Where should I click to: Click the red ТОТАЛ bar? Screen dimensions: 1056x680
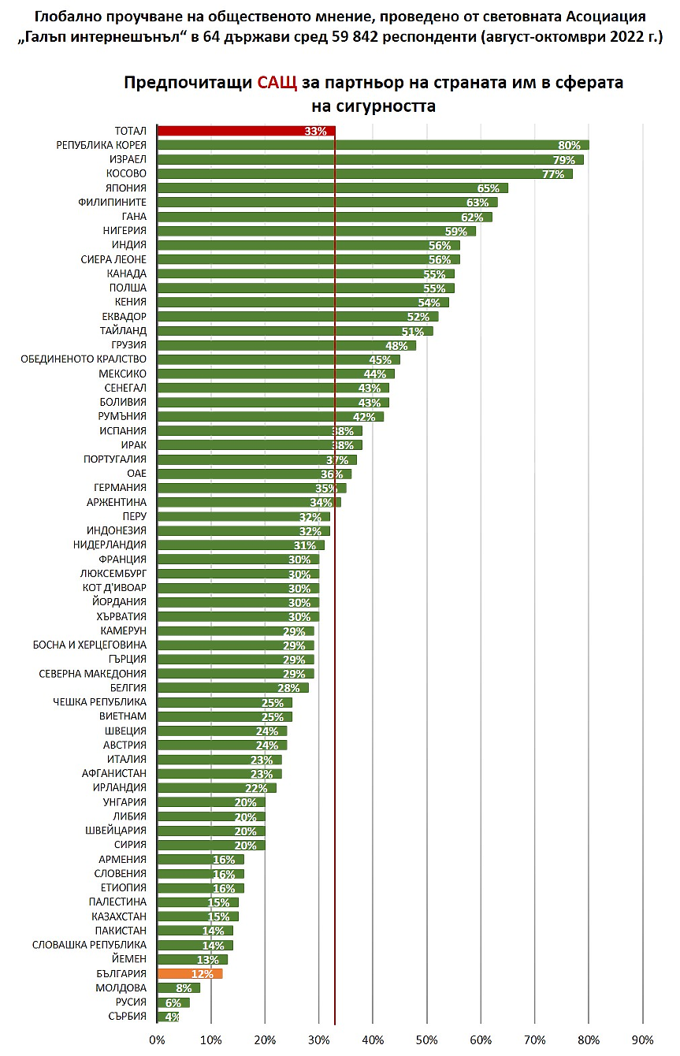pyautogui.click(x=246, y=131)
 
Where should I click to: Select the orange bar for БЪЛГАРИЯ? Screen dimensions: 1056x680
pyautogui.click(x=190, y=974)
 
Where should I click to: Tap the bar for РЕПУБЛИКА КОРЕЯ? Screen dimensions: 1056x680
pyautogui.click(x=373, y=145)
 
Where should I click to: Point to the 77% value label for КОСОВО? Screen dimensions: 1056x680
pyautogui.click(x=554, y=174)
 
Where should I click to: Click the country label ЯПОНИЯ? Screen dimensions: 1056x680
pyautogui.click(x=126, y=188)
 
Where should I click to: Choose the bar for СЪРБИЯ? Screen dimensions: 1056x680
pyautogui.click(x=168, y=1017)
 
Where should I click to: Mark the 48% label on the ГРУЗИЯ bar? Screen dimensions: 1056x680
pyautogui.click(x=396, y=345)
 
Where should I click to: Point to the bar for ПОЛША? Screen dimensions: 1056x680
pyautogui.click(x=306, y=288)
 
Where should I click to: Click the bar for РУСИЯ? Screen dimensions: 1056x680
pyautogui.click(x=173, y=1002)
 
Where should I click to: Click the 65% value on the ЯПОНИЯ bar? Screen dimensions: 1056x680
pyautogui.click(x=489, y=188)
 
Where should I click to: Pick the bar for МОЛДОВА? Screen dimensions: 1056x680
pyautogui.click(x=179, y=988)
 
